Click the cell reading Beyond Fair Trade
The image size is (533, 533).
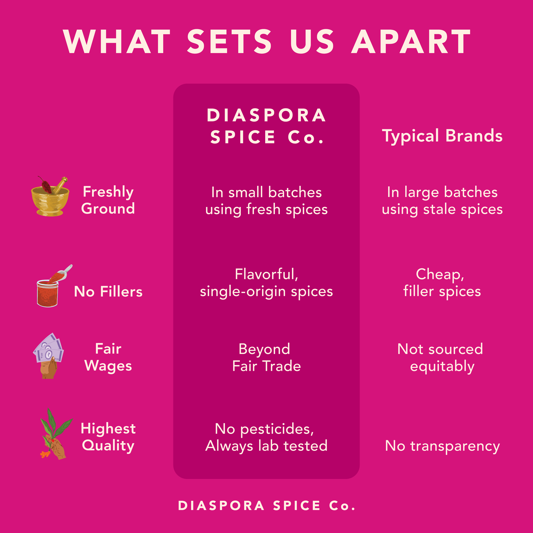266,358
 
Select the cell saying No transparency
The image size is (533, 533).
442,446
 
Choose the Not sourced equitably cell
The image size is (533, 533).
440,358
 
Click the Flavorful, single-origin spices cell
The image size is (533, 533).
266,283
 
